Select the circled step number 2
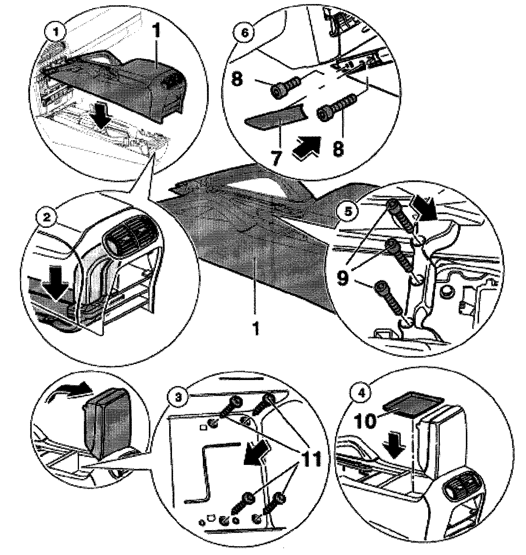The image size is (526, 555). pos(47,217)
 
